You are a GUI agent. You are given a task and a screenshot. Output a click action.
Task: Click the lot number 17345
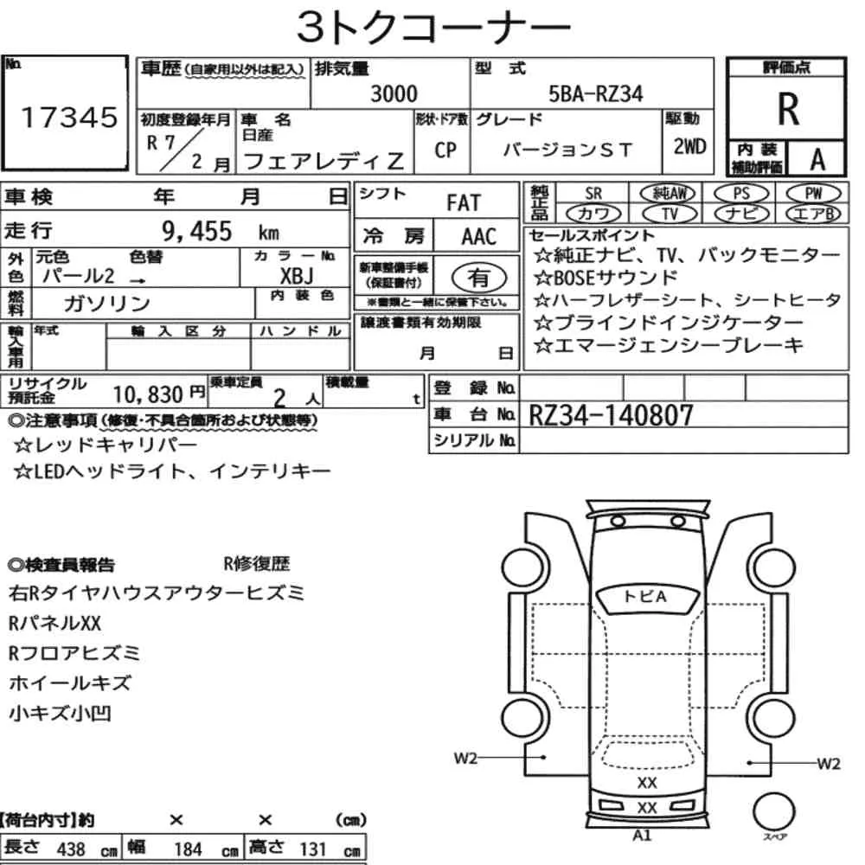[69, 118]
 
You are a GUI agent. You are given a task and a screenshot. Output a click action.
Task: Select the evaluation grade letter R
[788, 109]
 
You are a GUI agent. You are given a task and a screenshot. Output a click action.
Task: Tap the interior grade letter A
[817, 160]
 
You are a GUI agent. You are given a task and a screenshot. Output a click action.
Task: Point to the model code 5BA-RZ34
[596, 93]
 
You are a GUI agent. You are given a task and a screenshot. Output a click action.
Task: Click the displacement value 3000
[394, 93]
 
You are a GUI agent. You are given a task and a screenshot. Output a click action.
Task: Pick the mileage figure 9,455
[197, 231]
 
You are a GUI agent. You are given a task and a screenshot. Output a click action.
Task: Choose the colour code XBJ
[297, 275]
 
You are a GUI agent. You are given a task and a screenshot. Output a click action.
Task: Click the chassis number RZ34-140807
[611, 415]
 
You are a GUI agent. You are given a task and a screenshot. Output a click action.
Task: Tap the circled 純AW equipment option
[668, 193]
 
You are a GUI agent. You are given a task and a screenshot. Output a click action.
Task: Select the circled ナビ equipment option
[741, 214]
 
